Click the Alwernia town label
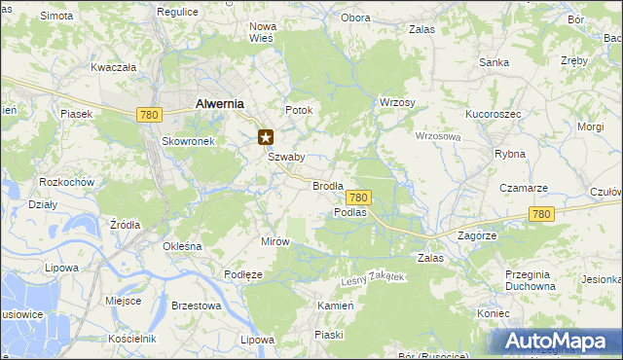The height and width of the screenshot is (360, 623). (219, 103)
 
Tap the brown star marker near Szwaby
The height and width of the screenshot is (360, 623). (266, 138)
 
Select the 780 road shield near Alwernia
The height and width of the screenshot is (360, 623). (149, 115)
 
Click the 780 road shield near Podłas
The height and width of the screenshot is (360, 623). (358, 197)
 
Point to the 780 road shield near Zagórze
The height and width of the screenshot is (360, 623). (542, 214)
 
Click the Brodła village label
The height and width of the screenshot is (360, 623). (328, 185)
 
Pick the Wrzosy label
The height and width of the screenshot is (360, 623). (397, 102)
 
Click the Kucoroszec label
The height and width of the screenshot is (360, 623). (495, 114)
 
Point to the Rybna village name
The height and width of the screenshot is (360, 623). (510, 154)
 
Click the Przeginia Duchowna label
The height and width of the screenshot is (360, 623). (531, 280)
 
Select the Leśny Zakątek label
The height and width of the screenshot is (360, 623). (372, 279)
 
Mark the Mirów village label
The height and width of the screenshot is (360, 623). (275, 241)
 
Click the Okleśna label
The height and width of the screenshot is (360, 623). (182, 246)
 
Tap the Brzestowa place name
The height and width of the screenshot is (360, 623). (196, 305)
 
